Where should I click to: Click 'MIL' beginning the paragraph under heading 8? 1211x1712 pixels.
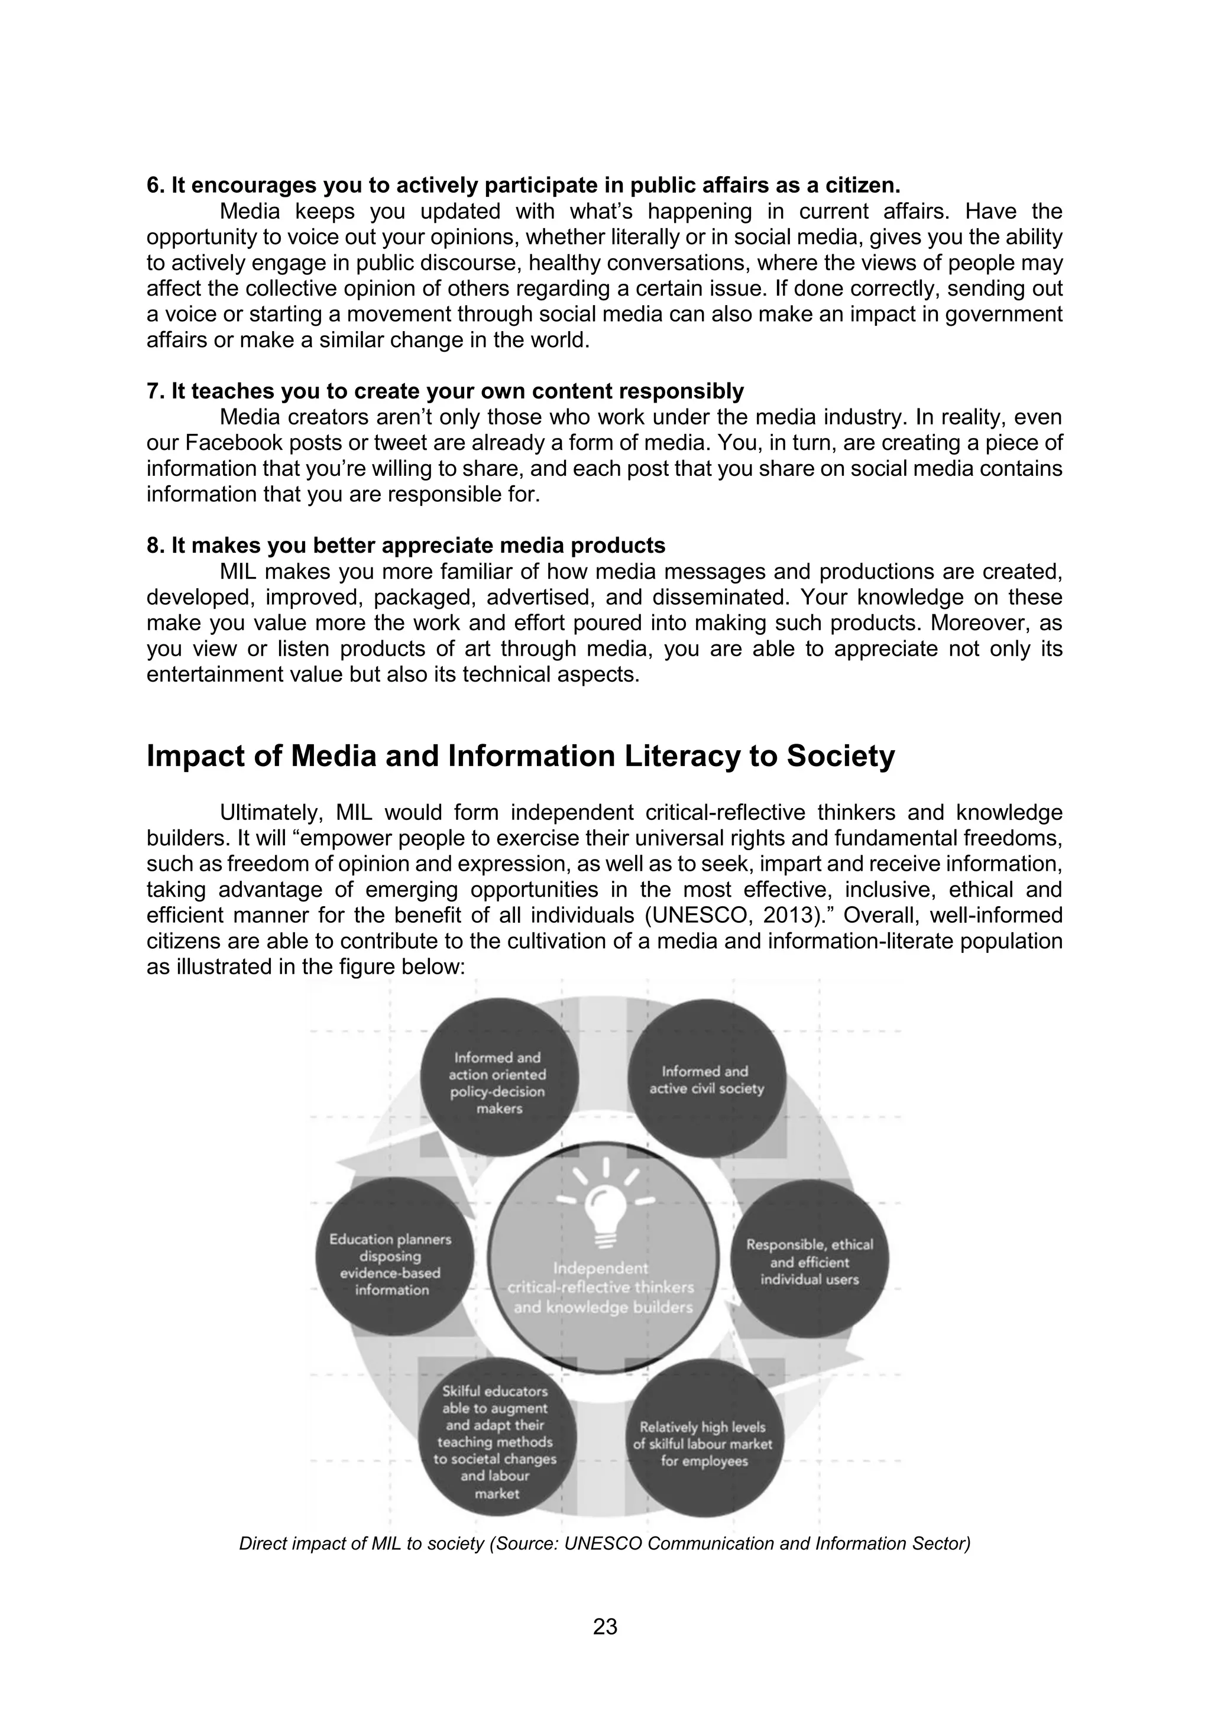click(239, 572)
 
